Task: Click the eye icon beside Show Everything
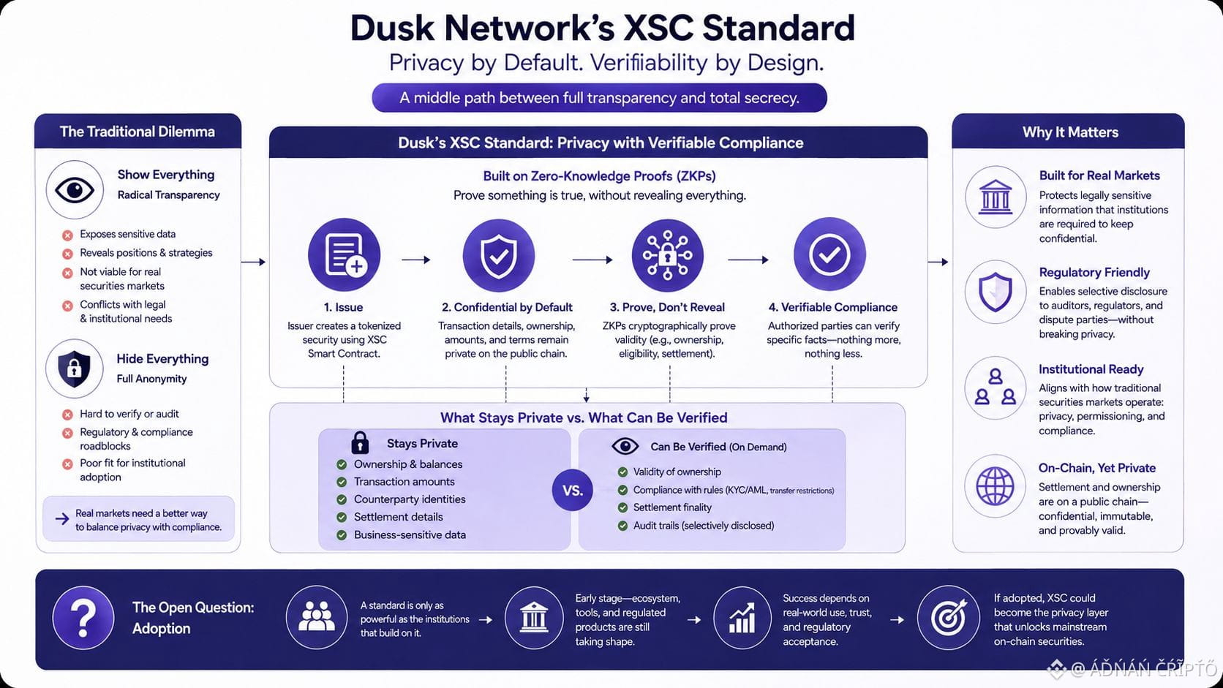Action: [75, 190]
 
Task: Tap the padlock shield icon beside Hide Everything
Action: [75, 368]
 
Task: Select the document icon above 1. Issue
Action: [345, 254]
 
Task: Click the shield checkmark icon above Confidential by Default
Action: [498, 255]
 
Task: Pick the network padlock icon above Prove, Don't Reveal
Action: [667, 254]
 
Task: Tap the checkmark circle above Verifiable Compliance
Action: [829, 254]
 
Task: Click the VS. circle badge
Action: [572, 490]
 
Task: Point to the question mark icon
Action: [83, 618]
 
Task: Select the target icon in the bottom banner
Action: [949, 618]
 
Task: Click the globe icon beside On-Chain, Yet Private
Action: [996, 486]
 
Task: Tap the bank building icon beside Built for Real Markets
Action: [996, 197]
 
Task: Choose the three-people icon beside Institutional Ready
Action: [996, 388]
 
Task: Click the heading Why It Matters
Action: [1070, 132]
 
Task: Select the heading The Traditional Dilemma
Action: [137, 132]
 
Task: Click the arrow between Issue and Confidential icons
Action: [416, 260]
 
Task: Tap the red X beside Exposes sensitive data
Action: [68, 235]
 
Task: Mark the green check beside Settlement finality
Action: [622, 507]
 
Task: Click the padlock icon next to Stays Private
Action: [360, 442]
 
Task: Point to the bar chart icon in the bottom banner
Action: [742, 618]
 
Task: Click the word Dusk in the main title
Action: [392, 28]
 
